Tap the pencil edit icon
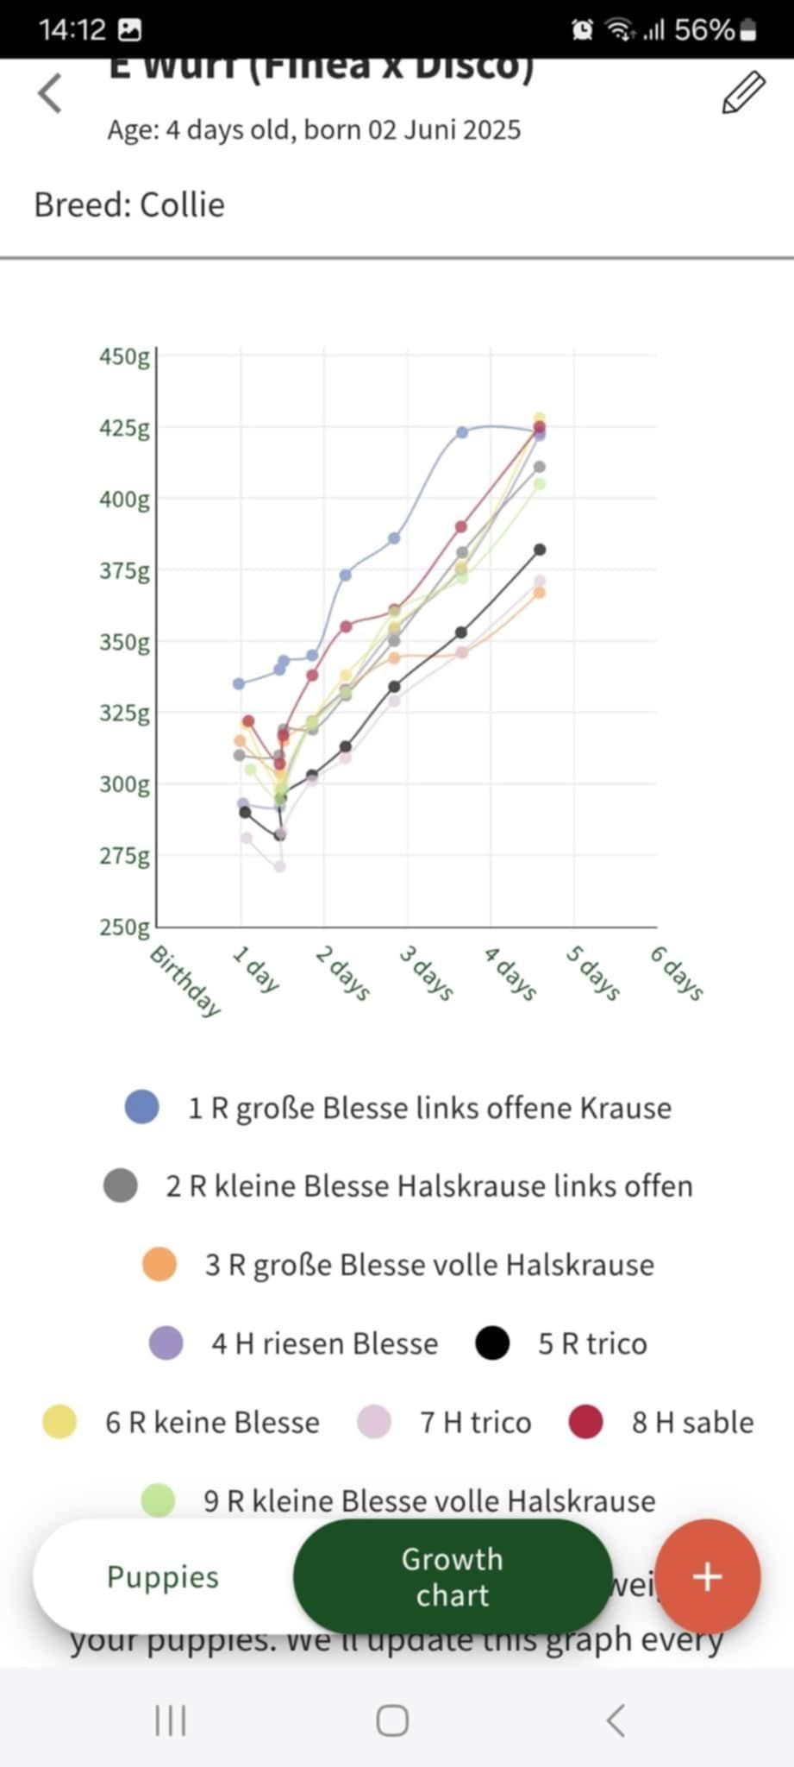coord(743,93)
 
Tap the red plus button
coord(707,1576)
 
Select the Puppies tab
coord(163,1576)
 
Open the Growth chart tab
coord(452,1576)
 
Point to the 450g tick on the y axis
coord(124,356)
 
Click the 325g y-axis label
coord(124,714)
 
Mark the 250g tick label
coord(124,928)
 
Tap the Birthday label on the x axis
coord(185,981)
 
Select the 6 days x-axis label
coord(677,972)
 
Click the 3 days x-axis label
coord(426,972)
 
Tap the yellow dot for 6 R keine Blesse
coord(59,1422)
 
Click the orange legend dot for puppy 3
coord(159,1265)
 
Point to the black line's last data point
coord(540,550)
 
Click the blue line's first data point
coord(239,683)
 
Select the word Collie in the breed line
coord(182,205)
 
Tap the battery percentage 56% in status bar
coord(703,30)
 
